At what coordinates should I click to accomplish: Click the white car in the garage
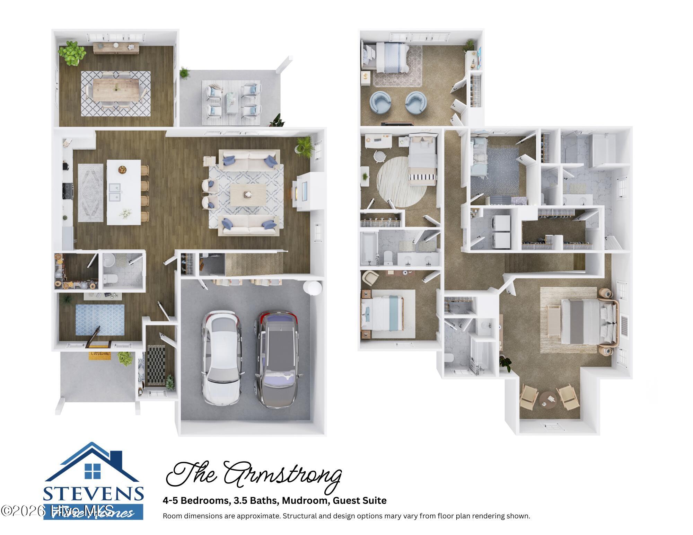click(x=221, y=357)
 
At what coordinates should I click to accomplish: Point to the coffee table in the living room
click(x=248, y=195)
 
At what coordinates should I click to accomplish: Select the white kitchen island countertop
click(x=123, y=192)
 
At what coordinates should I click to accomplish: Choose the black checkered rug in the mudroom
click(x=156, y=365)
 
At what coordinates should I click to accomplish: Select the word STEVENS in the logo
click(x=94, y=494)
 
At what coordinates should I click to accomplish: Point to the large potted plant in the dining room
click(x=72, y=53)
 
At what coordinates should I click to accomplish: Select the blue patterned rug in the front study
click(x=100, y=319)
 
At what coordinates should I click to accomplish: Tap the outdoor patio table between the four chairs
click(x=231, y=102)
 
